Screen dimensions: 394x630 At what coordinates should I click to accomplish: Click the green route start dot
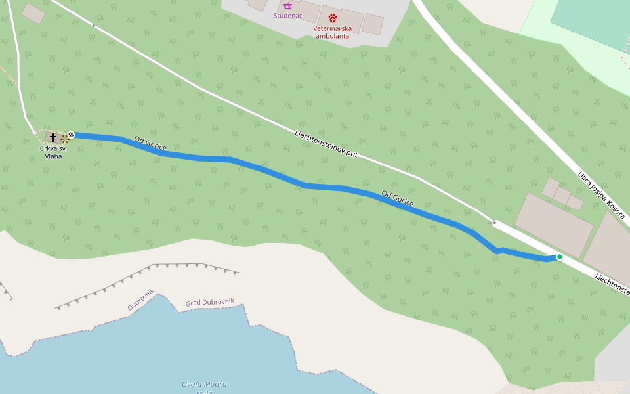point(560,257)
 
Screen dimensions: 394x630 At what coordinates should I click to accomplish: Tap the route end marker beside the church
point(71,135)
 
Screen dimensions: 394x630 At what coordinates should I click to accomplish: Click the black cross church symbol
point(53,137)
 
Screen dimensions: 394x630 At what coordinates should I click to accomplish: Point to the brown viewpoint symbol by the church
point(65,139)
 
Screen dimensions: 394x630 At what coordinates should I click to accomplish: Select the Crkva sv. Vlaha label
point(53,152)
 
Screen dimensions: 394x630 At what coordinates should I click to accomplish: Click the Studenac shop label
point(287,15)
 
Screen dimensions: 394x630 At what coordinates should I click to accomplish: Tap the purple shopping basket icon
point(287,5)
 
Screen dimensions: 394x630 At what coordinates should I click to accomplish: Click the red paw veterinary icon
point(333,18)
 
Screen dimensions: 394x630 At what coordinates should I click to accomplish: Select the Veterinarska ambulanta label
point(332,32)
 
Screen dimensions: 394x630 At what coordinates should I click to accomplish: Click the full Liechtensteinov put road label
point(326,144)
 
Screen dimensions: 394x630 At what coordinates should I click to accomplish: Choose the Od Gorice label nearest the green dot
point(397,199)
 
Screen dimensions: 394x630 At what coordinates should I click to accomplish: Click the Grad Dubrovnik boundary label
point(210,303)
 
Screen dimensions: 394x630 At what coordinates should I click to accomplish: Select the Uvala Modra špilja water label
point(204,388)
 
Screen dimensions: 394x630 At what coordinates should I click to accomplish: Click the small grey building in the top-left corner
point(33,13)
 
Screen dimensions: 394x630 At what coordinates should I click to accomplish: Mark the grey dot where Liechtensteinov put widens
point(494,223)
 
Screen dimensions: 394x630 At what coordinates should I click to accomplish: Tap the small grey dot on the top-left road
point(93,26)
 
